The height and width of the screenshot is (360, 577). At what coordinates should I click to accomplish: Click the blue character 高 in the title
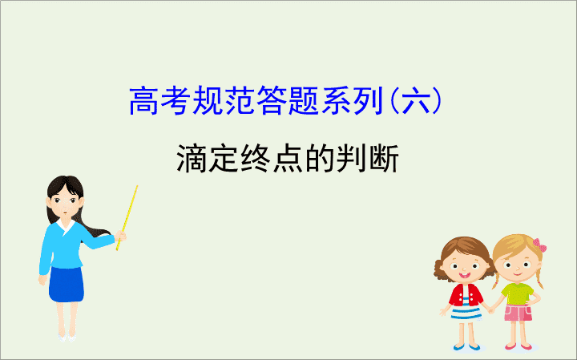144,100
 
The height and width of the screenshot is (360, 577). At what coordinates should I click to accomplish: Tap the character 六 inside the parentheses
415,100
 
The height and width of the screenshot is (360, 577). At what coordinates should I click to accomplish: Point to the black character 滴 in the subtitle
191,158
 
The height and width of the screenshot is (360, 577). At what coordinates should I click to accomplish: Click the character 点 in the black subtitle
288,158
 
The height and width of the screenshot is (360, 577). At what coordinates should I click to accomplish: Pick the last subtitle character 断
384,158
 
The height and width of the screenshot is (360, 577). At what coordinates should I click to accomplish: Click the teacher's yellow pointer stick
127,218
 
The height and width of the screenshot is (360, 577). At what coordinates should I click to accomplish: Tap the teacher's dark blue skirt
67,284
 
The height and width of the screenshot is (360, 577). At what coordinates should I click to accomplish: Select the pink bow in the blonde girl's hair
540,245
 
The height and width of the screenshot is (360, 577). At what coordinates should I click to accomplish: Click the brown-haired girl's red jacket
466,294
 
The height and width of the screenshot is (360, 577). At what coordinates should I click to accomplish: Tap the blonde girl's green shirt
518,293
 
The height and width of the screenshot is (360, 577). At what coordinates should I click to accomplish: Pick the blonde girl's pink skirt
518,313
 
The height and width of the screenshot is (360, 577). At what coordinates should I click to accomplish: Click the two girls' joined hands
491,310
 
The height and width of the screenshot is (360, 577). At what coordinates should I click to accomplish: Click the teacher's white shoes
67,338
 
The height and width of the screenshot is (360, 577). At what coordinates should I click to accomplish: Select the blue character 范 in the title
240,100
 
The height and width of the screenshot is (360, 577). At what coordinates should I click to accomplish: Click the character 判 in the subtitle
352,158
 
